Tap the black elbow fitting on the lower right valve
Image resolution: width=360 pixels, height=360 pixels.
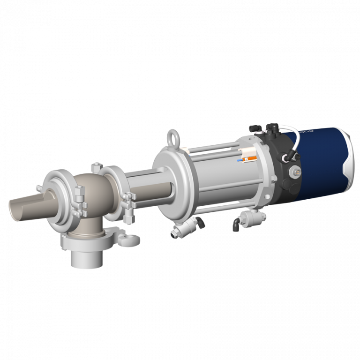tap(234, 225)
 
